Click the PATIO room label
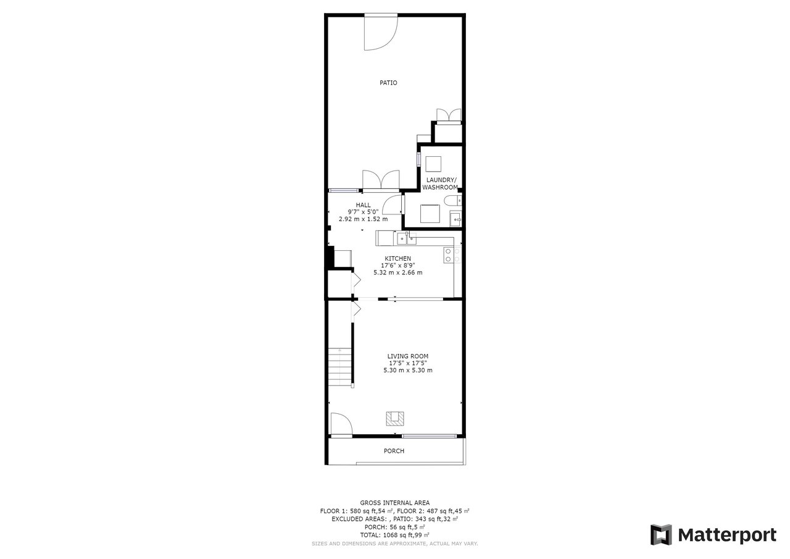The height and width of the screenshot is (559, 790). tap(388, 83)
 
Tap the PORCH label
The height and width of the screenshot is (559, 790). tap(394, 451)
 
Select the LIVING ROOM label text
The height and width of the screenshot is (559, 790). tap(408, 356)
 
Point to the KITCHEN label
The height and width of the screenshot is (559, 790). tap(398, 259)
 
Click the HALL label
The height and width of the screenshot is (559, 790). tap(364, 205)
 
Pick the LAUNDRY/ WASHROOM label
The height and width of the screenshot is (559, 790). tap(440, 183)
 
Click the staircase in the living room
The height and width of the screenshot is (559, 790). tap(340, 367)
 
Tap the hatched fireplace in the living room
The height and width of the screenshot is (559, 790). tap(395, 419)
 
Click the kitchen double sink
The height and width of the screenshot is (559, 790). tap(407, 238)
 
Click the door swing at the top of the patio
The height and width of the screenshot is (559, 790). tap(381, 32)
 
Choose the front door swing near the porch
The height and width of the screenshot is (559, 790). tap(341, 424)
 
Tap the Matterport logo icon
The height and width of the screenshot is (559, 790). tap(661, 535)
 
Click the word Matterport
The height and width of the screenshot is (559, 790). tap(727, 536)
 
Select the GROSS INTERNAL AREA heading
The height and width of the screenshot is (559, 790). tap(394, 503)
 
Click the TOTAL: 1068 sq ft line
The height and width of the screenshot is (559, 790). tap(394, 535)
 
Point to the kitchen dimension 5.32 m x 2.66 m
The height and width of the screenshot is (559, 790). tap(398, 272)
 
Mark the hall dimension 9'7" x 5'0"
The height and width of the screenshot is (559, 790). tap(364, 212)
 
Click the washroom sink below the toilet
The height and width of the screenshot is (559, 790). tap(455, 219)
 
